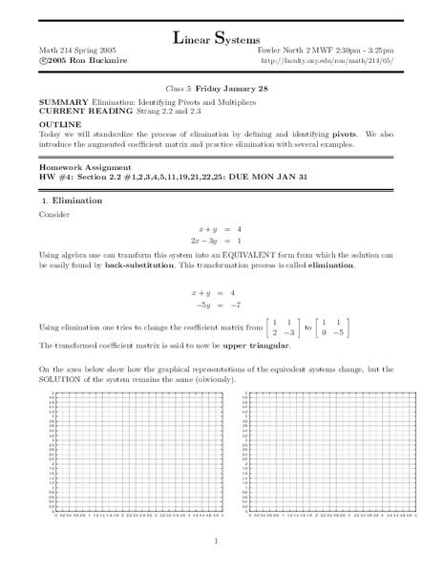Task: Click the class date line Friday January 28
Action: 221,85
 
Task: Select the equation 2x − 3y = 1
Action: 221,243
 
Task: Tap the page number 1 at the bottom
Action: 221,544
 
